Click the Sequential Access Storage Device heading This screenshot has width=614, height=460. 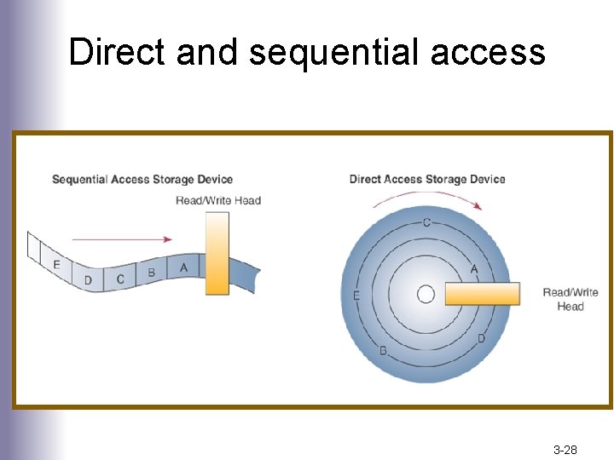point(142,179)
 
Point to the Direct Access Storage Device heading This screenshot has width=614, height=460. point(427,179)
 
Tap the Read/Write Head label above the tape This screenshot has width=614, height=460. point(218,200)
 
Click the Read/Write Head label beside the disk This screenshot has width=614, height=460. point(571,299)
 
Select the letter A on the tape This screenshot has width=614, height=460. point(184,267)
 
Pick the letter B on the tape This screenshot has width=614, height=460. point(152,273)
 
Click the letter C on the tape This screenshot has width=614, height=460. point(120,279)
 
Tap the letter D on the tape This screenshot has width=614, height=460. point(88,279)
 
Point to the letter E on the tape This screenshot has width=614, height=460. point(56,265)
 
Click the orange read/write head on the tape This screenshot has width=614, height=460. point(217,253)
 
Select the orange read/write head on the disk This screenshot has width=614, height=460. point(482,294)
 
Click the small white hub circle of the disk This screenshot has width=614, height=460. point(426,294)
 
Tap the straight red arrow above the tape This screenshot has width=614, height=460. point(122,239)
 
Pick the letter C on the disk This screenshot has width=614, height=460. point(426,223)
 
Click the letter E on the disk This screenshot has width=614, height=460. point(356,296)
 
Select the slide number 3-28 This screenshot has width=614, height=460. point(565,449)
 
